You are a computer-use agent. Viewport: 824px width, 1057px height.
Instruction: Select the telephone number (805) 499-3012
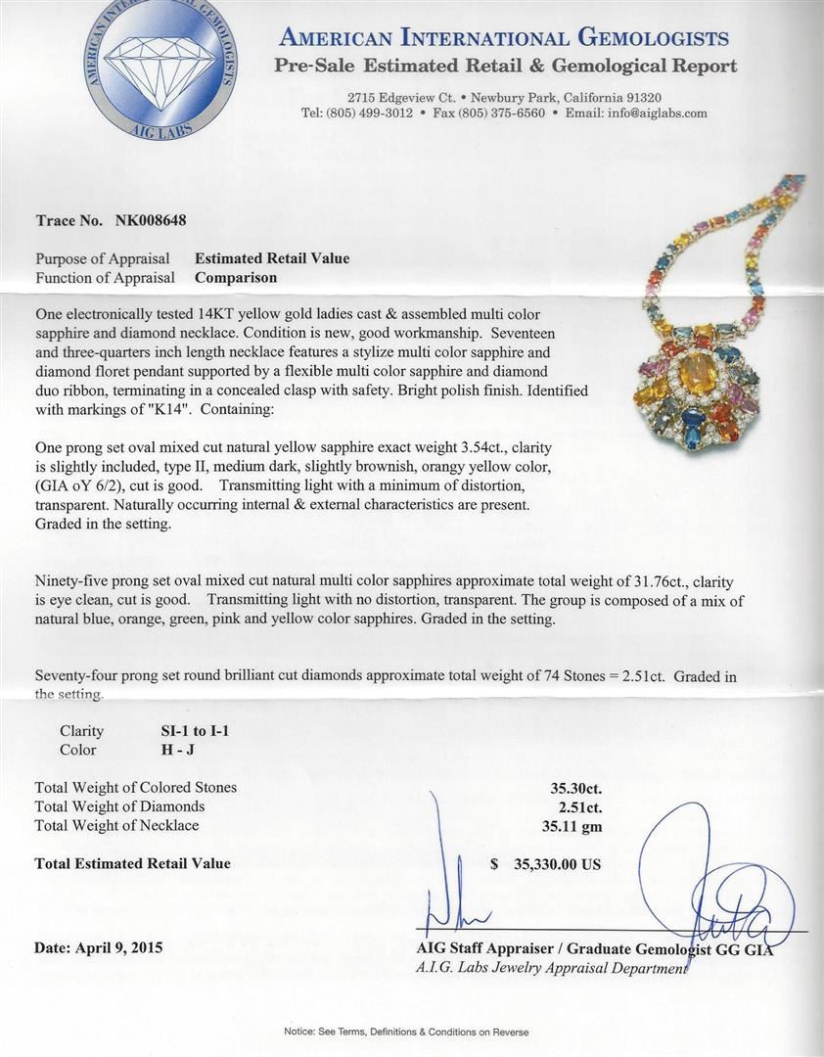point(372,114)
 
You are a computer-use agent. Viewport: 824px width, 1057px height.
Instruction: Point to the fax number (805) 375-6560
point(502,114)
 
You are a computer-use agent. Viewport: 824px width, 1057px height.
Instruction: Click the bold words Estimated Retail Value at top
point(271,258)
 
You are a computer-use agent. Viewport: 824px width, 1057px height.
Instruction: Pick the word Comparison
point(235,277)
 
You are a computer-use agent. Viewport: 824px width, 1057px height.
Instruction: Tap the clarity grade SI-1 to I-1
point(195,730)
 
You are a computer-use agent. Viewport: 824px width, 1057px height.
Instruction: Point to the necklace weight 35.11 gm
point(575,825)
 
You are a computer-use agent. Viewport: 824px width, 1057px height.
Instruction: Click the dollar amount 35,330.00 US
point(556,864)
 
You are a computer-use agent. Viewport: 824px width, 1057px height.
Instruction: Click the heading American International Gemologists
point(503,38)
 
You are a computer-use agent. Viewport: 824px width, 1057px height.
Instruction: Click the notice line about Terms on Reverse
point(406,1033)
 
